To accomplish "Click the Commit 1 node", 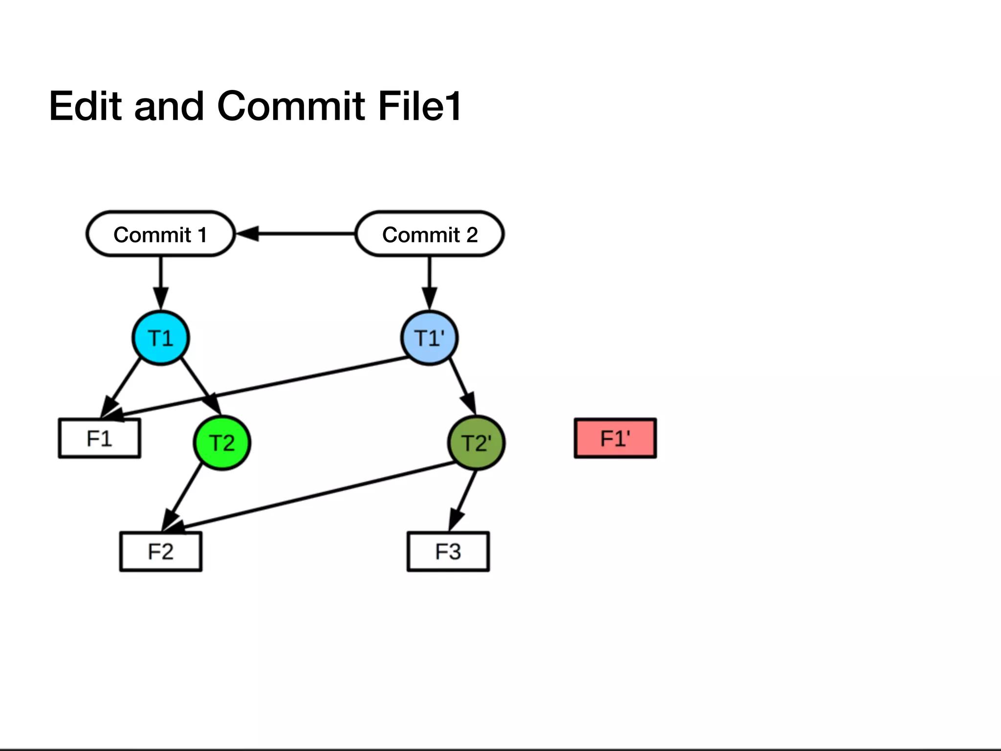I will point(160,234).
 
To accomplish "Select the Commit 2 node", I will point(430,234).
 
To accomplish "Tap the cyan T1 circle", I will point(160,338).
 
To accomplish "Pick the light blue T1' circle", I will point(429,338).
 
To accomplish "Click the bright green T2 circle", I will point(222,442).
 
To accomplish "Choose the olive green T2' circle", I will point(476,442).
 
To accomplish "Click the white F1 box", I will point(100,438).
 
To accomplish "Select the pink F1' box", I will point(615,438).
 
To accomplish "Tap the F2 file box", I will point(161,552).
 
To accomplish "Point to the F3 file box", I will point(448,552).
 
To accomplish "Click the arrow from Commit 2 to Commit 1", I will point(298,234).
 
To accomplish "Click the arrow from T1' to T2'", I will point(462,386).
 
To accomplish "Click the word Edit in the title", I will point(85,106).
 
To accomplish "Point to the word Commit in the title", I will point(291,106).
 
